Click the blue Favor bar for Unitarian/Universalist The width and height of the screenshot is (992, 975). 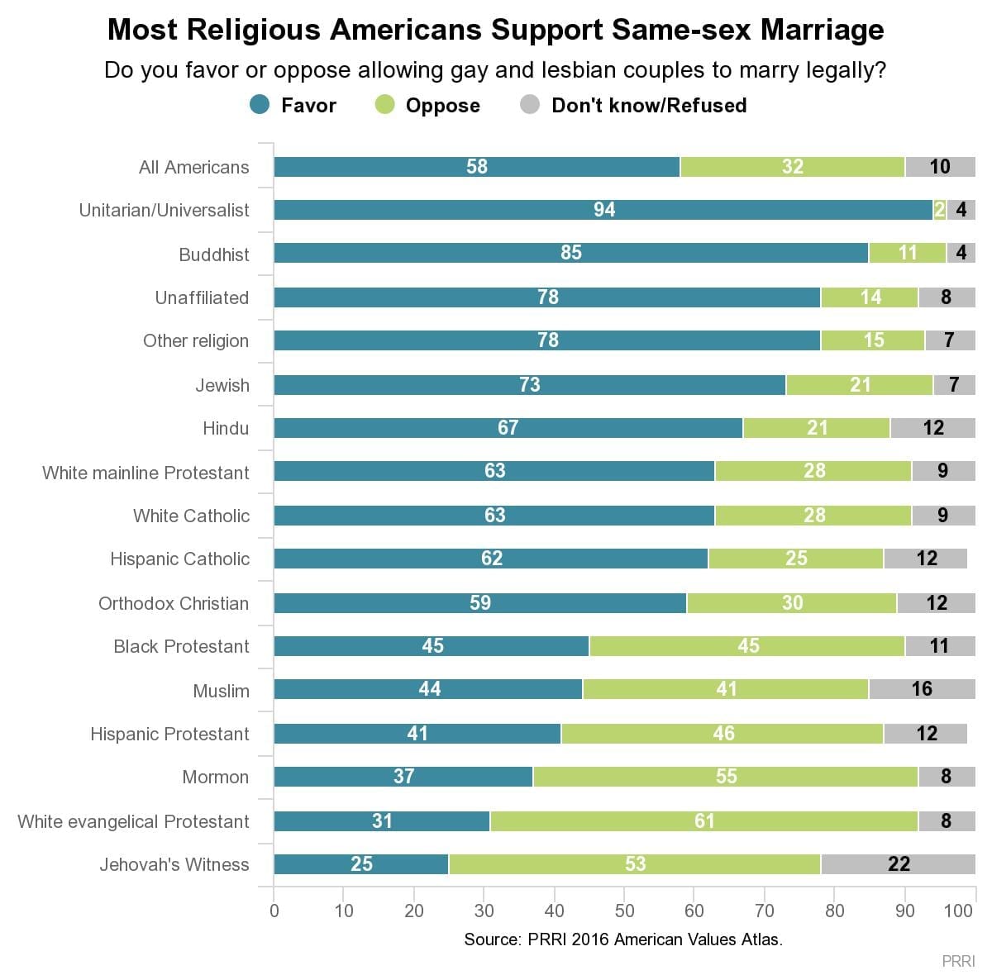pyautogui.click(x=603, y=210)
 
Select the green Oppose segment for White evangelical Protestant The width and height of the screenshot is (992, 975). pyautogui.click(x=703, y=820)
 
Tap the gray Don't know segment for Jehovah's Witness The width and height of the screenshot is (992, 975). pyautogui.click(x=898, y=864)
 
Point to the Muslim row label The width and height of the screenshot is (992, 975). pyautogui.click(x=221, y=691)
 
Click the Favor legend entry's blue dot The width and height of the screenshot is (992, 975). pyautogui.click(x=260, y=105)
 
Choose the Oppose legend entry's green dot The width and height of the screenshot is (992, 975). pyautogui.click(x=385, y=105)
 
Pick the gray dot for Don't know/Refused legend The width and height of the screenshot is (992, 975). pyautogui.click(x=530, y=105)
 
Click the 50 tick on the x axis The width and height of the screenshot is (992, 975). pyautogui.click(x=624, y=911)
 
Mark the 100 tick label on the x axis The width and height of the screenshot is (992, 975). pyautogui.click(x=958, y=911)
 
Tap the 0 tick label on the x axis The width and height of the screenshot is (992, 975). pyautogui.click(x=274, y=911)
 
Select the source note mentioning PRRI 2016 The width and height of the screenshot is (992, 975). pyautogui.click(x=623, y=939)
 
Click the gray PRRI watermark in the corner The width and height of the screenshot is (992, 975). pyautogui.click(x=959, y=961)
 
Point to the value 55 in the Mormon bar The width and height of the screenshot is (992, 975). pyautogui.click(x=726, y=777)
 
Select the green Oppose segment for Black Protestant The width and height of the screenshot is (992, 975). pyautogui.click(x=747, y=646)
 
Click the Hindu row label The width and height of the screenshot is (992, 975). pyautogui.click(x=226, y=428)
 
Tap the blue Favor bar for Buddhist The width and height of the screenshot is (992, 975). pyautogui.click(x=570, y=253)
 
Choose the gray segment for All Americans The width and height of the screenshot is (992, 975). pyautogui.click(x=940, y=167)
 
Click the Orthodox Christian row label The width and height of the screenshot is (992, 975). pyautogui.click(x=174, y=603)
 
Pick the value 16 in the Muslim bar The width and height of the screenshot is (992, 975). pyautogui.click(x=921, y=689)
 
